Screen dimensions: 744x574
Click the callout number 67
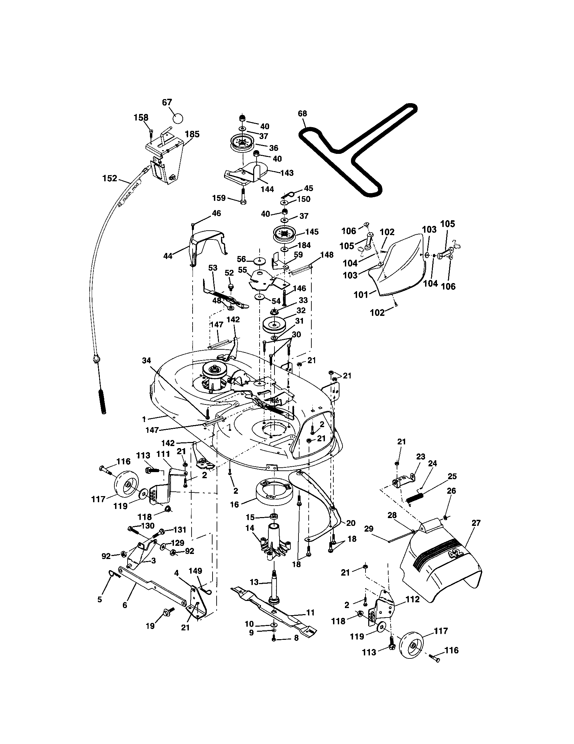[167, 102]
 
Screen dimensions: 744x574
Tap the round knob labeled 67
[178, 119]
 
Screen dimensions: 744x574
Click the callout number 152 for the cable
[110, 178]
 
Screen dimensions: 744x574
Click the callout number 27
[476, 523]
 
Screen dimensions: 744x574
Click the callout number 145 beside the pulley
[312, 232]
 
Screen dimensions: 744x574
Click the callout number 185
[192, 134]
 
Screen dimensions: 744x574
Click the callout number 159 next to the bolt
[219, 198]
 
